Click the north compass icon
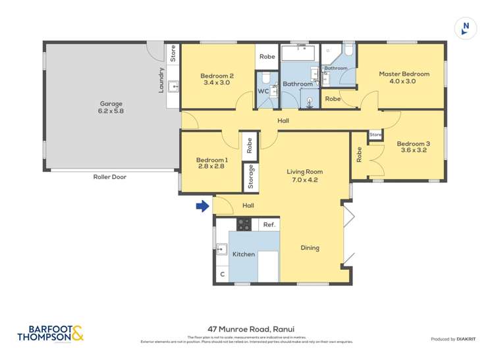click(466, 28)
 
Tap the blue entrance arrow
click(202, 207)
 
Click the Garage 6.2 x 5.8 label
click(111, 107)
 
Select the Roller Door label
click(109, 177)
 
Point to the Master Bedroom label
click(404, 78)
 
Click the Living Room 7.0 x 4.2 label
click(304, 176)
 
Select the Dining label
click(310, 248)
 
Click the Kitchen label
click(243, 254)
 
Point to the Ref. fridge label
click(269, 225)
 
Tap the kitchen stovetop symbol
click(244, 224)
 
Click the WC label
click(263, 91)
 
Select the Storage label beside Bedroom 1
click(251, 176)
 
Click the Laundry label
click(161, 80)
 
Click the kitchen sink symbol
click(222, 249)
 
